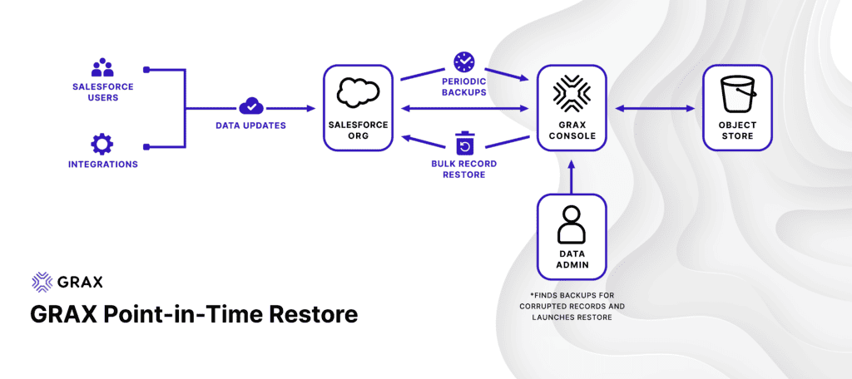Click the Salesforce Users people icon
point(102,67)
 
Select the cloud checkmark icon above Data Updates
point(250,106)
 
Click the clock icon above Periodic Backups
point(463,62)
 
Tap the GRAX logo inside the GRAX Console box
point(572,93)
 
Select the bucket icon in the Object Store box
point(737,94)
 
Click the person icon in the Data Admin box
point(571,224)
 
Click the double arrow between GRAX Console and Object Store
point(655,108)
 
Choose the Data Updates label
point(250,125)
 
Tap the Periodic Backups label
point(463,87)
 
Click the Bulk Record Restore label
point(463,169)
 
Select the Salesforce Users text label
point(102,91)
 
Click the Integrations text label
point(102,165)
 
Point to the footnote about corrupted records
point(571,307)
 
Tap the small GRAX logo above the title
point(67,282)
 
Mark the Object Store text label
point(737,130)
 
